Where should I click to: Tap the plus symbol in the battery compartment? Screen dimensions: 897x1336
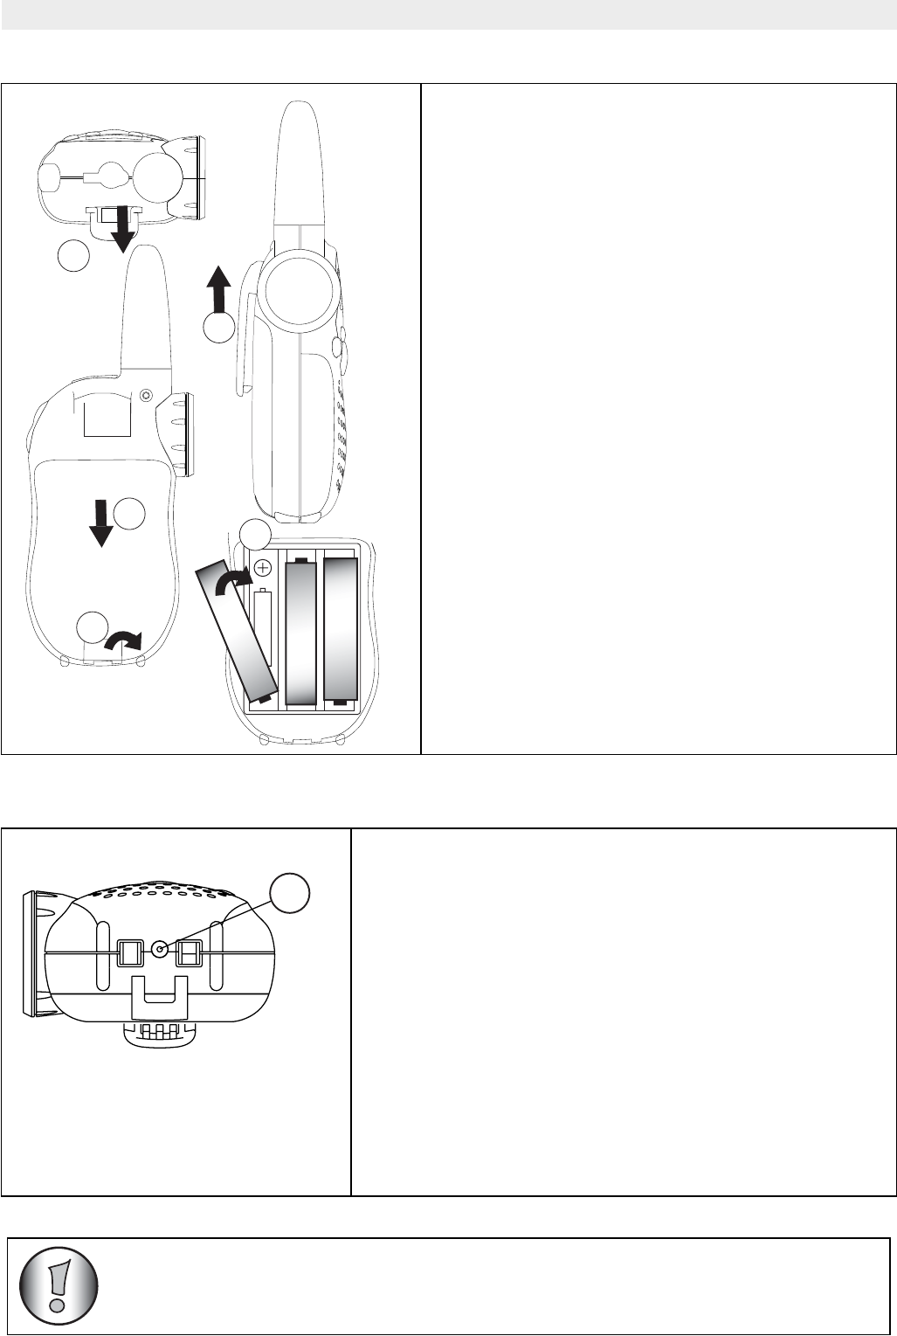coord(261,565)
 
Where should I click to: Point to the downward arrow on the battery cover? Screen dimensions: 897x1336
coord(101,523)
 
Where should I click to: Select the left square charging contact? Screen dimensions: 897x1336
coord(129,952)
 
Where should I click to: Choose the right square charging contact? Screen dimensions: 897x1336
coord(190,952)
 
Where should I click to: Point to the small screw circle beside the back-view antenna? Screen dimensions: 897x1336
coord(146,395)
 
